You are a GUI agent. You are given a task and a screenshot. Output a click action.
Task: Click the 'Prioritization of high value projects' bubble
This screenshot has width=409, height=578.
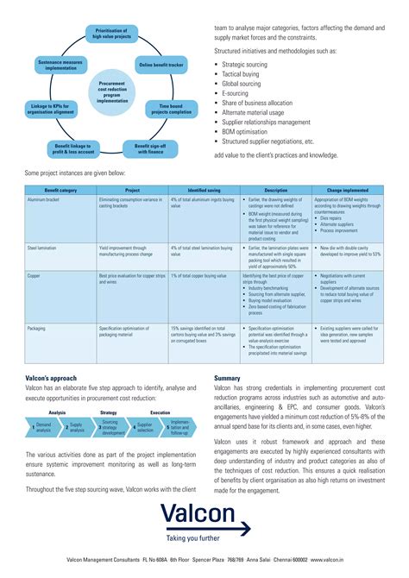click(x=111, y=34)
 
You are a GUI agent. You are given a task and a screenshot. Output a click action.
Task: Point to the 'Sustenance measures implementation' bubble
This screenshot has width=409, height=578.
click(x=61, y=66)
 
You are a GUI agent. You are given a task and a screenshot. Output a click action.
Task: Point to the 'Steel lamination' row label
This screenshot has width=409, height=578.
click(x=43, y=247)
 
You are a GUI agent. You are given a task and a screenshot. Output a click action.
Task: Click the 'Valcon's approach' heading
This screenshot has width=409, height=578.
click(x=51, y=402)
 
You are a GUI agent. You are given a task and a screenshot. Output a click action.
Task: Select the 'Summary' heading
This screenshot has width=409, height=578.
click(x=227, y=402)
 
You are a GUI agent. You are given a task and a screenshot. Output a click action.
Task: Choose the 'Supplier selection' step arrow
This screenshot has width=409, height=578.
click(x=143, y=450)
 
